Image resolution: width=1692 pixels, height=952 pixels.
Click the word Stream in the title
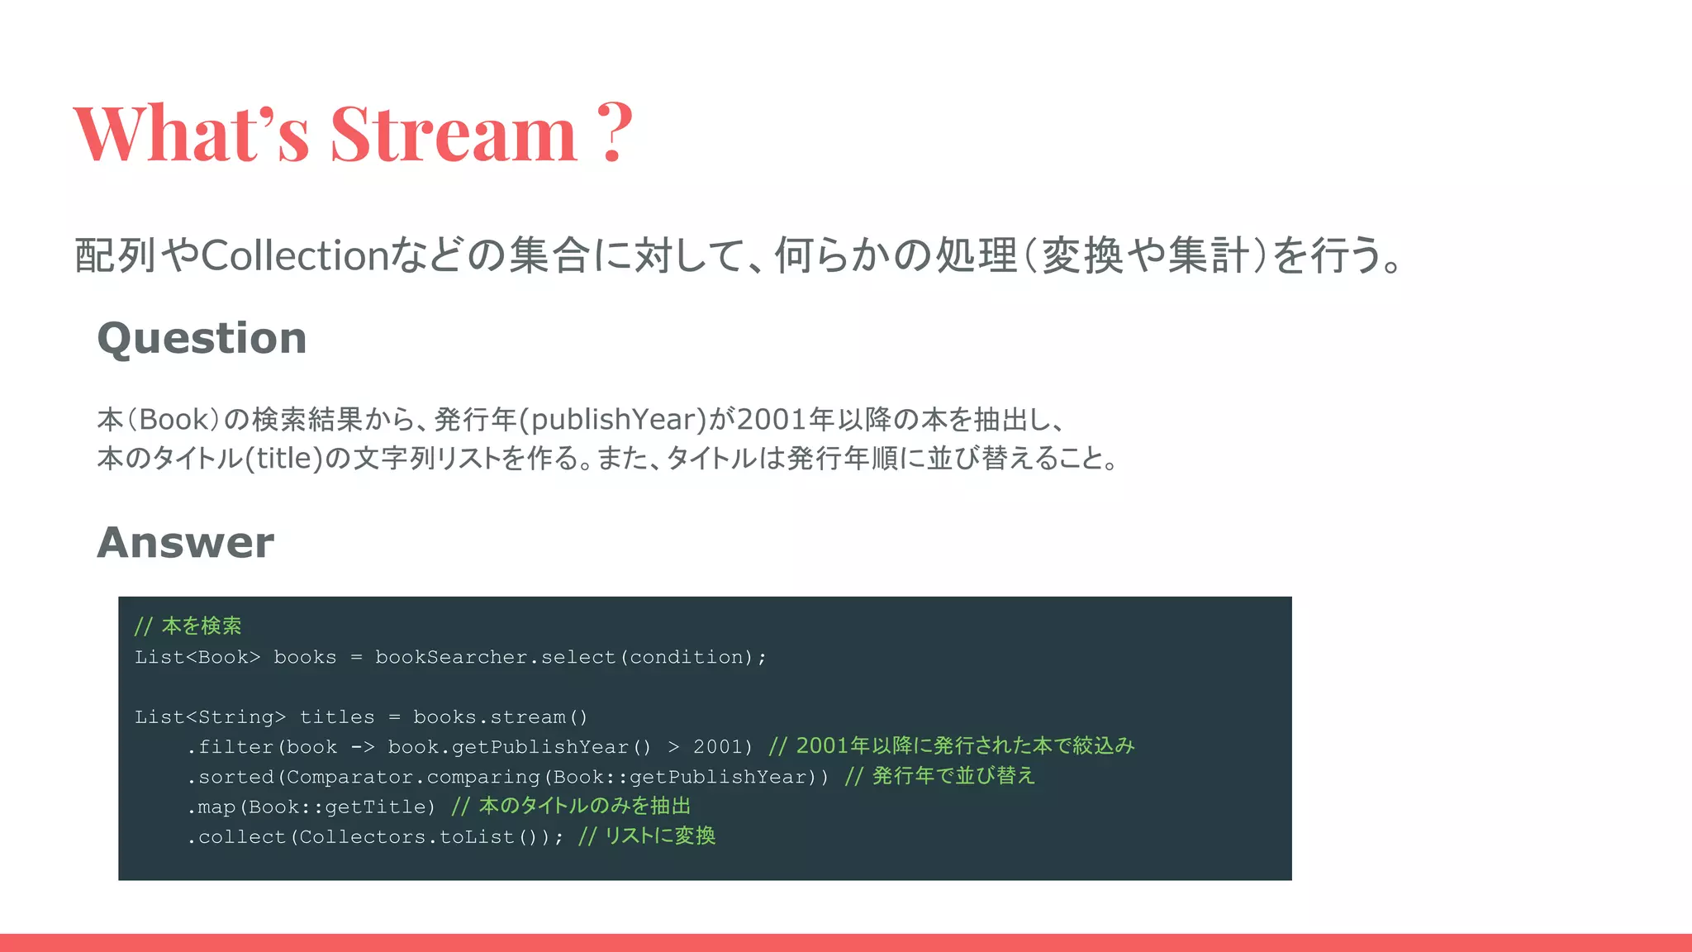pyautogui.click(x=453, y=133)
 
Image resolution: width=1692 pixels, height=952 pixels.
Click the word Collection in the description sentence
pyautogui.click(x=294, y=255)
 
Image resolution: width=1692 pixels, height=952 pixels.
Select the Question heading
pyautogui.click(x=202, y=338)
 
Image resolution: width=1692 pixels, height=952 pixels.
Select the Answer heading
pyautogui.click(x=185, y=543)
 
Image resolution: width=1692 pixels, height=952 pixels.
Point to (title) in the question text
pyautogui.click(x=283, y=458)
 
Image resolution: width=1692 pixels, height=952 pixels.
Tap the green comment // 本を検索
pyautogui.click(x=188, y=626)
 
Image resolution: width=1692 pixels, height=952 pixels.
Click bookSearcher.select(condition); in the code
pyautogui.click(x=570, y=657)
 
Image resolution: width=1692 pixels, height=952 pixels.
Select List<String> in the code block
pyautogui.click(x=210, y=717)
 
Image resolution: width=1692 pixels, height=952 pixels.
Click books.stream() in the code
pyautogui.click(x=500, y=717)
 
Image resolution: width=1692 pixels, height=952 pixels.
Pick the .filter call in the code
pyautogui.click(x=232, y=747)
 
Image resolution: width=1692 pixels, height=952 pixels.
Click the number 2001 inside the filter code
pyautogui.click(x=717, y=747)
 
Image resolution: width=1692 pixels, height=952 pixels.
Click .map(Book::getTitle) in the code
pyautogui.click(x=311, y=807)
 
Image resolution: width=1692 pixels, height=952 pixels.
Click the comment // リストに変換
pyautogui.click(x=647, y=836)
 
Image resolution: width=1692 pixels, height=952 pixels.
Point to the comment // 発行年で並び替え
pyautogui.click(x=939, y=776)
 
